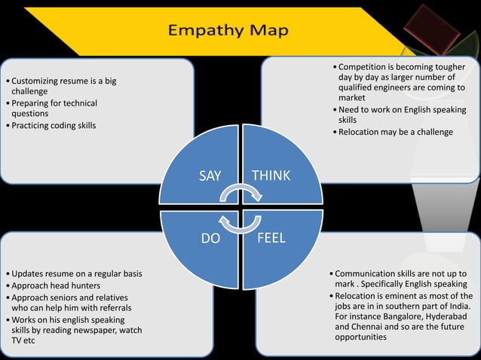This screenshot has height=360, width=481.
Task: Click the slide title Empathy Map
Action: pyautogui.click(x=227, y=30)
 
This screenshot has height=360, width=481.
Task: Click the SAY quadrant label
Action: pyautogui.click(x=210, y=175)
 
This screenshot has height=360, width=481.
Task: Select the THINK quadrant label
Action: pyautogui.click(x=271, y=175)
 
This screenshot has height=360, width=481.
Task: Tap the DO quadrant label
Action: pyautogui.click(x=210, y=238)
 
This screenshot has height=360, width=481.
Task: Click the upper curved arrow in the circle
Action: pyautogui.click(x=240, y=194)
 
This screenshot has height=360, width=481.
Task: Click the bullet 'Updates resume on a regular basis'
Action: pyautogui.click(x=75, y=273)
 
